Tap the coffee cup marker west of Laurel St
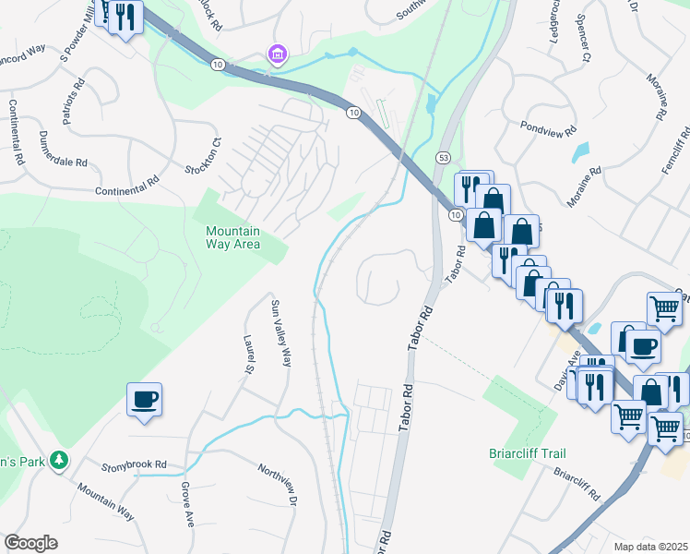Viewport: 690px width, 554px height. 144,400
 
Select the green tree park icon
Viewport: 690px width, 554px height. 59,459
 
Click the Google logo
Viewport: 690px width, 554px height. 30,543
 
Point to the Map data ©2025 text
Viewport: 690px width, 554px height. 651,547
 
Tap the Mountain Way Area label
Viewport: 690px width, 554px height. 232,237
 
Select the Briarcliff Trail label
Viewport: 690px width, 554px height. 527,453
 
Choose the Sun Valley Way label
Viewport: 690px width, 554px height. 280,332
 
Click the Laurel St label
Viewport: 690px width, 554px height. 249,355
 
